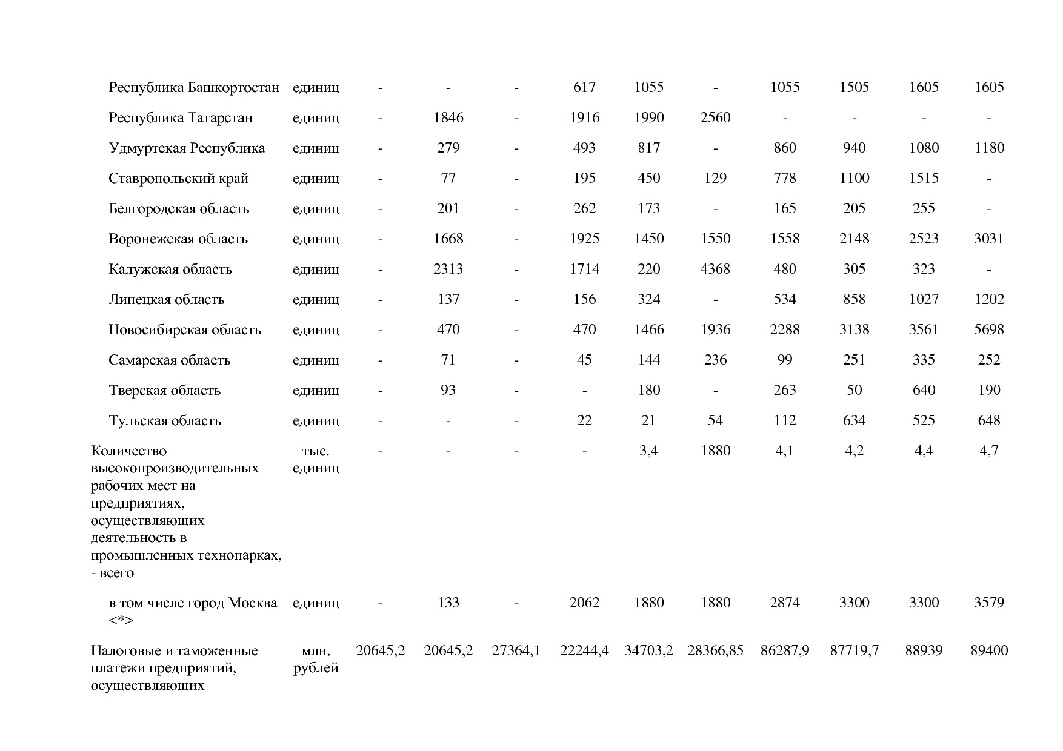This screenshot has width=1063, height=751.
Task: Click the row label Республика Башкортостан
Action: click(x=194, y=87)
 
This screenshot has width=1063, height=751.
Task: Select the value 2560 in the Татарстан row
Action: click(x=715, y=117)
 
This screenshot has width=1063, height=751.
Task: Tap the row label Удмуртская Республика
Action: click(x=187, y=148)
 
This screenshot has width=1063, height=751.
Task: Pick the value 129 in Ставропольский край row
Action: click(x=715, y=178)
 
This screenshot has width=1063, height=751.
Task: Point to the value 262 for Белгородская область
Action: click(x=584, y=208)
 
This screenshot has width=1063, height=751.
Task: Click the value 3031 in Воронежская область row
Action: click(x=988, y=239)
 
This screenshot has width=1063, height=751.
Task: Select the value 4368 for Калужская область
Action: click(x=715, y=269)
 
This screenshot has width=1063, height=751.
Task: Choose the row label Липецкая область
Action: click(x=167, y=299)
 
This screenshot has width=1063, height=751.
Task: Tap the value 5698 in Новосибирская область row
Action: click(x=988, y=329)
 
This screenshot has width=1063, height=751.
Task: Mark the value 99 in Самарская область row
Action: click(x=784, y=360)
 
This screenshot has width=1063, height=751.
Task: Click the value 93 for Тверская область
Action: click(x=448, y=390)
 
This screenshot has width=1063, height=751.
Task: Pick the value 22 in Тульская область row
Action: click(x=584, y=420)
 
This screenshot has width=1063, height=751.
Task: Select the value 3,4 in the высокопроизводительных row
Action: click(x=648, y=451)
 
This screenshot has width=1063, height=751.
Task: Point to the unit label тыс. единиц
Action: click(x=315, y=459)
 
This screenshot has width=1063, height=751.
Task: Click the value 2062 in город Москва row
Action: click(x=584, y=603)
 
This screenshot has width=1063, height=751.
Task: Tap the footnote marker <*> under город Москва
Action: click(x=121, y=620)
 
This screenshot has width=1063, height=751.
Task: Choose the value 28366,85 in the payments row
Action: click(x=715, y=651)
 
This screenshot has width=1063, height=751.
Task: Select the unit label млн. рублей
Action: click(x=315, y=660)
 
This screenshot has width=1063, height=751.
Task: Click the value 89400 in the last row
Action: click(x=988, y=651)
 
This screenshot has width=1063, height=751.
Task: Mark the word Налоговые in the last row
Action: click(x=124, y=651)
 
